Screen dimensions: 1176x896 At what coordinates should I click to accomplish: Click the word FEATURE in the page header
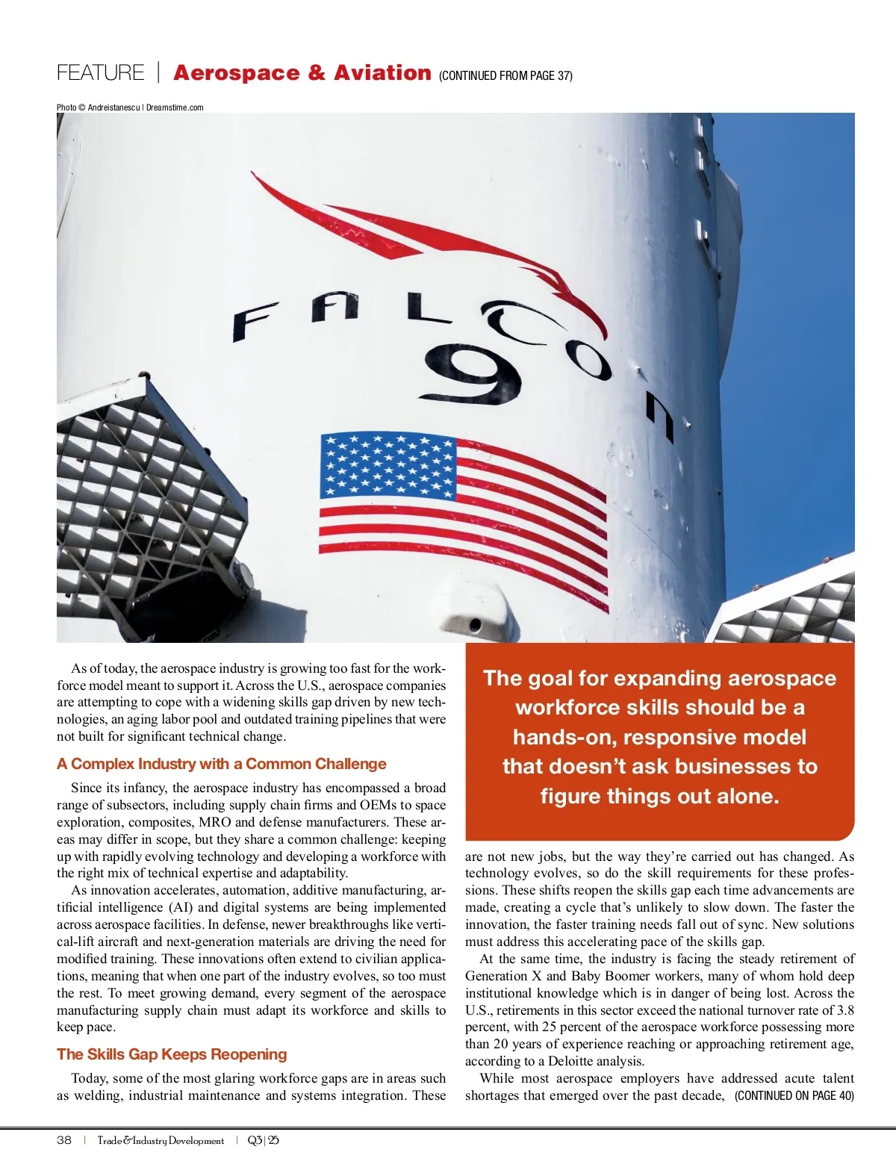coord(100,73)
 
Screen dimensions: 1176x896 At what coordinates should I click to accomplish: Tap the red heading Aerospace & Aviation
coord(302,73)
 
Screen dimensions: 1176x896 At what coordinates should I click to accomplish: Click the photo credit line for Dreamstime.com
coord(130,108)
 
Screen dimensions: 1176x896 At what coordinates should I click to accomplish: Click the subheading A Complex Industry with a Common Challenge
coord(221,764)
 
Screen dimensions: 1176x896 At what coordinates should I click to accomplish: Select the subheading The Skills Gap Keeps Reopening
coord(172,1054)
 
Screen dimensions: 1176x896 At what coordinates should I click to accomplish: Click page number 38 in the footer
coord(64,1140)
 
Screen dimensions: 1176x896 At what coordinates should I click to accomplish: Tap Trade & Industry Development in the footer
coord(161,1140)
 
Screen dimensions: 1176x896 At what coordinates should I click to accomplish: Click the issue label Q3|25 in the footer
coord(263,1140)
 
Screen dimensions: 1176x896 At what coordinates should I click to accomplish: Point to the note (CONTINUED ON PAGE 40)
coord(794,1095)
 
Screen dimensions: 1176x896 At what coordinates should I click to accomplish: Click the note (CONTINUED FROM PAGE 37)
coord(505,75)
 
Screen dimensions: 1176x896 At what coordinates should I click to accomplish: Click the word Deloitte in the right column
coord(574,1061)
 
